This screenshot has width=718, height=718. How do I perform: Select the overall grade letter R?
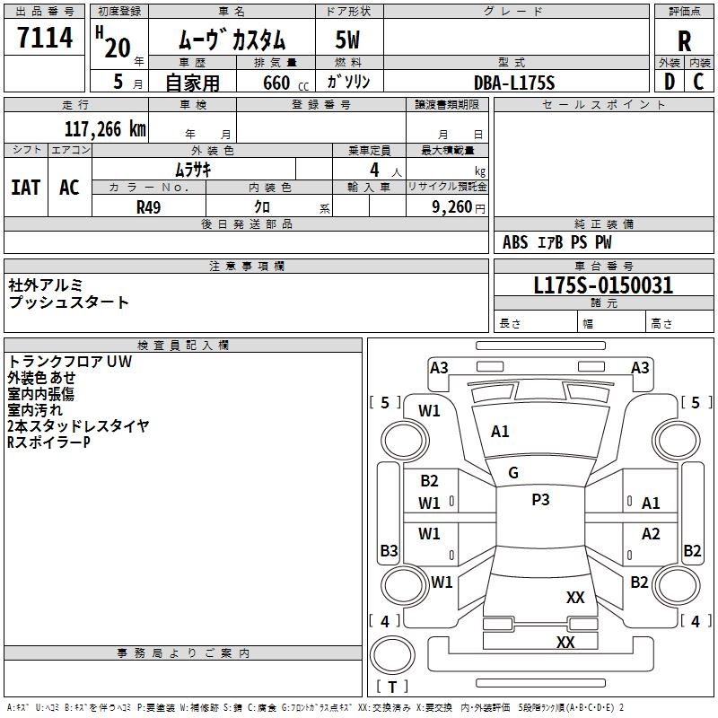tap(685, 40)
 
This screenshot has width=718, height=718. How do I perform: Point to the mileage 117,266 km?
tap(104, 128)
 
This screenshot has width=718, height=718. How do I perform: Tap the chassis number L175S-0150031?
tap(603, 285)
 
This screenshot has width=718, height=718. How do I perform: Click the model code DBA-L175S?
tap(514, 82)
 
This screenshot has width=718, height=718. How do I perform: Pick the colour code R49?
tap(148, 206)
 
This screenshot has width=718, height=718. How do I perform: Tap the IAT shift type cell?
tap(25, 187)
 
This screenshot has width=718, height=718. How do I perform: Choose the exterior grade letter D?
tap(669, 81)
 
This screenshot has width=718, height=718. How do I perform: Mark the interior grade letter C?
tap(698, 81)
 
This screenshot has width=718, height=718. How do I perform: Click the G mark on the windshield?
tap(513, 473)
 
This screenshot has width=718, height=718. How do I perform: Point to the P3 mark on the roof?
tap(540, 500)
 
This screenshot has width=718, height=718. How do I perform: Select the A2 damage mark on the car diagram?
tap(651, 534)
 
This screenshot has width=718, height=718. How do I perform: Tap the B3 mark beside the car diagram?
tap(389, 550)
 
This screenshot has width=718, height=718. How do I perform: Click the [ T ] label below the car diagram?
tap(391, 687)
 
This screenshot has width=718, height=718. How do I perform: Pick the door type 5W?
tap(348, 40)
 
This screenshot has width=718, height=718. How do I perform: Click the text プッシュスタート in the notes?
tap(68, 302)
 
